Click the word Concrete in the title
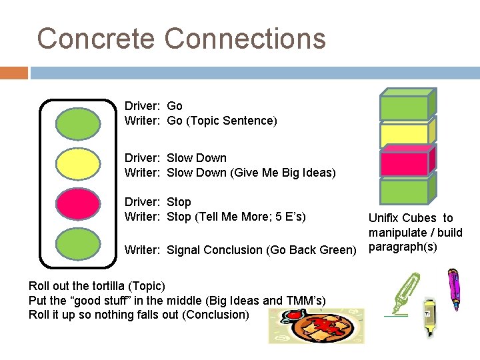point(97,39)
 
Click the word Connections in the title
point(245,39)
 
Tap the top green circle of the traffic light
point(78,124)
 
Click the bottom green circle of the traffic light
point(78,245)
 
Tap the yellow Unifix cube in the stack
point(405,135)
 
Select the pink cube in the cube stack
point(405,163)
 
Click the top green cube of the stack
point(405,107)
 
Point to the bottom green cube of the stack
point(405,191)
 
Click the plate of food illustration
point(317,327)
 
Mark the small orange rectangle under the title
point(14,73)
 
